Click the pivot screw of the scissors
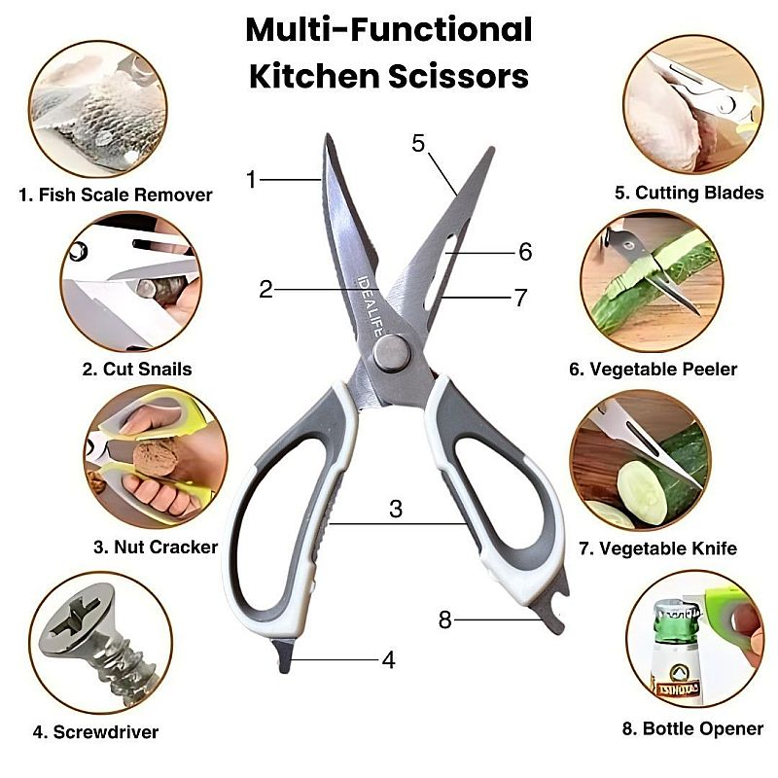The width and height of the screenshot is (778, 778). (x=392, y=353)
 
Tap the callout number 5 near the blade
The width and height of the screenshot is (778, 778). (x=418, y=143)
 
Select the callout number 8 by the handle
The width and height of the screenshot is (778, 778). (x=445, y=619)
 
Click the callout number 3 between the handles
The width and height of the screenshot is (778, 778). (x=396, y=509)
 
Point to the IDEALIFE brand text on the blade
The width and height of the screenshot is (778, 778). (x=371, y=305)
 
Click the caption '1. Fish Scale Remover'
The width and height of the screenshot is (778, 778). (x=116, y=194)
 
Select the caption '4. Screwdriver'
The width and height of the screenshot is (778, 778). (x=95, y=732)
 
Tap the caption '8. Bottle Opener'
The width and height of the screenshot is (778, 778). (x=692, y=728)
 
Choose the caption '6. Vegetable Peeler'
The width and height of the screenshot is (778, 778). (x=653, y=370)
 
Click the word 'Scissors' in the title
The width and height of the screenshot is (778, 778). (x=458, y=77)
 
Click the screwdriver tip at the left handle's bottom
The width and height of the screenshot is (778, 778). (x=283, y=655)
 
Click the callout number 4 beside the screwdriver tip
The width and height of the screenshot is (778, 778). (x=388, y=660)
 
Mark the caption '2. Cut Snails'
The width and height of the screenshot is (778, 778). (x=137, y=370)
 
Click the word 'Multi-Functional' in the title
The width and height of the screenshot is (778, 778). (x=389, y=30)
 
